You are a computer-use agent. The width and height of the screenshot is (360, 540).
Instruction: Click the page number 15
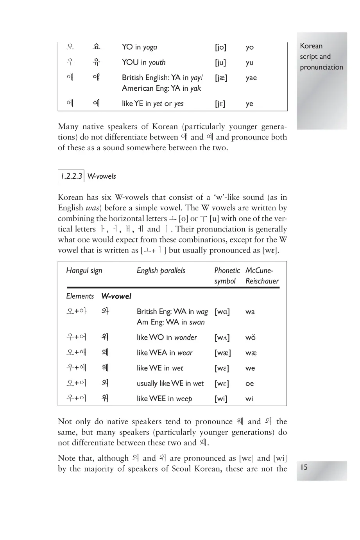[x=304, y=467]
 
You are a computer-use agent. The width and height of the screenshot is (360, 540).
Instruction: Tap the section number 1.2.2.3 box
[x=71, y=176]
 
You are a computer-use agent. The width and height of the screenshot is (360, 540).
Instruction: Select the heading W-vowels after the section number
[x=102, y=176]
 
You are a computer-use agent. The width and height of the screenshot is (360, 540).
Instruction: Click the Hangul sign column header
[x=84, y=271]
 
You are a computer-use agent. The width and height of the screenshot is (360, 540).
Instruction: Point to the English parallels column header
[x=161, y=271]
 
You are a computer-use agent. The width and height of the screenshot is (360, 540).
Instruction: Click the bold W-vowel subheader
[x=116, y=296]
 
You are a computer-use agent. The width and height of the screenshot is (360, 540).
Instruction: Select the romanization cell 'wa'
[x=250, y=312]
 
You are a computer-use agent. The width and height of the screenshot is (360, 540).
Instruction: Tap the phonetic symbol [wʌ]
[x=222, y=337]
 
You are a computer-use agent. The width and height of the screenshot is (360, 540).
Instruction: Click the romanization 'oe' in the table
[x=249, y=384]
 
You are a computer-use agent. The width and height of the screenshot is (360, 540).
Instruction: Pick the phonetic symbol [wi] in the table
[x=221, y=399]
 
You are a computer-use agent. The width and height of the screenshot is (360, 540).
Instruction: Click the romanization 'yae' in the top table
[x=251, y=78]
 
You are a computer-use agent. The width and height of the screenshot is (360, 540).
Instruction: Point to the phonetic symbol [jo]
[x=220, y=47]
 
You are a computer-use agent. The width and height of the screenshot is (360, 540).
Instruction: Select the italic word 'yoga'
[x=150, y=47]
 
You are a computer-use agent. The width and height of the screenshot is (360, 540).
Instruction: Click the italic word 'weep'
[x=184, y=399]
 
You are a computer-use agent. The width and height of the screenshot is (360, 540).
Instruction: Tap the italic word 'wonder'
[x=185, y=337]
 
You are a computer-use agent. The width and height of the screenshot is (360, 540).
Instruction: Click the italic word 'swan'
[x=197, y=322]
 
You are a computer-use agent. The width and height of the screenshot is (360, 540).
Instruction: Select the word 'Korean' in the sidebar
[x=311, y=46]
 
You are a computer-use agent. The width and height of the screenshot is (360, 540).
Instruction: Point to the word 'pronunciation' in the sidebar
[x=321, y=67]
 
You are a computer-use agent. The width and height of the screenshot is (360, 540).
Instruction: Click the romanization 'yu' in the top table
[x=249, y=63]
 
